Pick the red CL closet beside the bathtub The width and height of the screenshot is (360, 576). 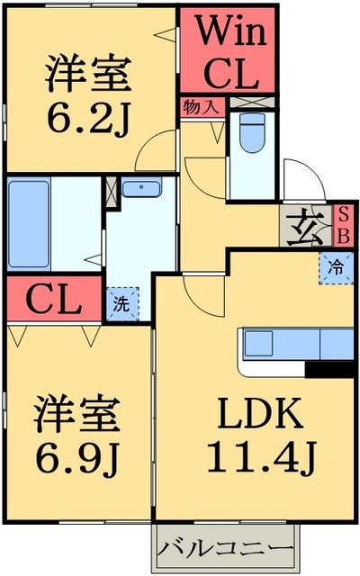52,298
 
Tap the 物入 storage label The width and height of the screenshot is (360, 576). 199,106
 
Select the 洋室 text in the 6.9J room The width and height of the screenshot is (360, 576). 76,416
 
